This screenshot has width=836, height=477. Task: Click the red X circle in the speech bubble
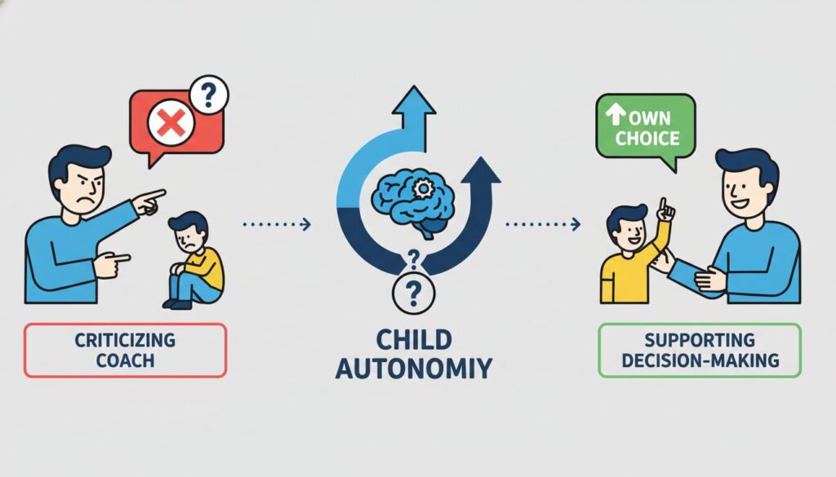point(168,123)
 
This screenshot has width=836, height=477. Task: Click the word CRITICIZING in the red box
point(125,339)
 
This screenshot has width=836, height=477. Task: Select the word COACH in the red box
point(125,359)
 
